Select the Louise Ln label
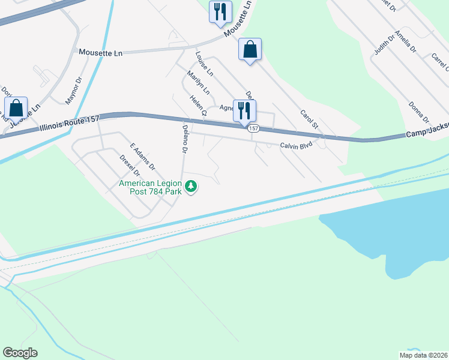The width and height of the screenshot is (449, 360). [x=204, y=63]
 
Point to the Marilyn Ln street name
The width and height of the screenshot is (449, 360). [x=198, y=83]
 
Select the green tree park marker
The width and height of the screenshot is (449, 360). [x=191, y=187]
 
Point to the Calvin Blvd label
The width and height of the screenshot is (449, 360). [x=297, y=146]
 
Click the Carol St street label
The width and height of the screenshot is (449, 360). [x=309, y=119]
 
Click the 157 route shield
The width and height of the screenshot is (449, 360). [x=254, y=128]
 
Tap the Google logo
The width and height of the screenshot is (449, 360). [x=20, y=353]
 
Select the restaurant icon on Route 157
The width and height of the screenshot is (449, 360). [x=244, y=110]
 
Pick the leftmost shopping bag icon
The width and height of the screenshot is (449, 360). [x=16, y=109]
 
